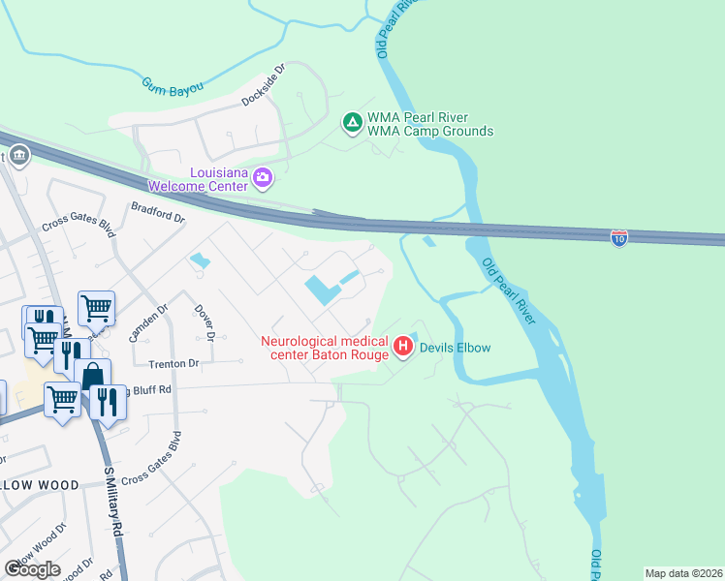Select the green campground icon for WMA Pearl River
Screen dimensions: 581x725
[x=353, y=123]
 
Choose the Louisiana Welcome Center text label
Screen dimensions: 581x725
[x=199, y=177]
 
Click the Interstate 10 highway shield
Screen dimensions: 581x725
[x=619, y=236]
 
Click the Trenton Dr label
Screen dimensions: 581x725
[x=173, y=364]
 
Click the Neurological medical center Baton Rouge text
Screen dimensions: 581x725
[x=325, y=348]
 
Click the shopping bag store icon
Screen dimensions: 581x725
[x=92, y=375]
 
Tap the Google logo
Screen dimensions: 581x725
[x=32, y=569]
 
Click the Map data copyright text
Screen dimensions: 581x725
[x=683, y=573]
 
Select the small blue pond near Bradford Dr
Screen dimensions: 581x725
[x=200, y=260]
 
